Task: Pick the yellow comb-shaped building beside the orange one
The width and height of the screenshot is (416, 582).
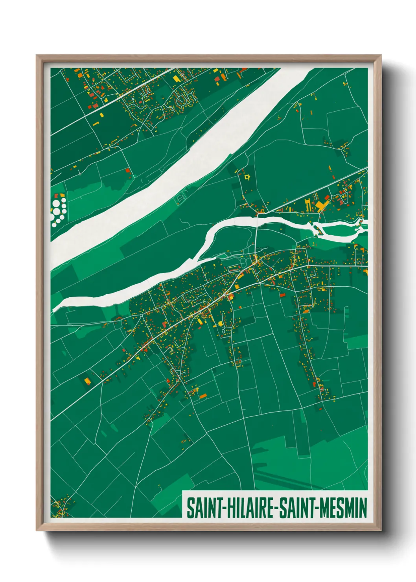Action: [x=308, y=205]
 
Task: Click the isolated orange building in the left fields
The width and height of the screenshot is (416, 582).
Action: [x=87, y=380]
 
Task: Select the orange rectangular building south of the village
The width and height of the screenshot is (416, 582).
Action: [x=203, y=396]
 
